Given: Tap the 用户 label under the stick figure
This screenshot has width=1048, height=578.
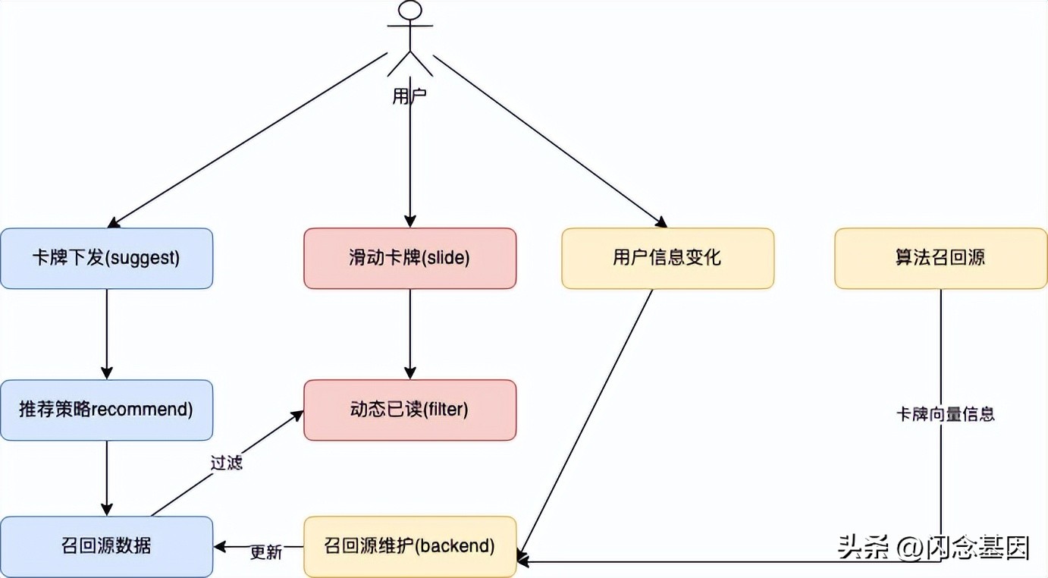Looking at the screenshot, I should pos(409,96).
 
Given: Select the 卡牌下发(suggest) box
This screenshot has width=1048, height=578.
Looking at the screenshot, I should pos(106,258).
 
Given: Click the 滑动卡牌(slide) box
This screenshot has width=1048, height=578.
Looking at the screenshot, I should pos(409,258).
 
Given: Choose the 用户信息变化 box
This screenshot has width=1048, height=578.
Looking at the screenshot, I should pos(667,258).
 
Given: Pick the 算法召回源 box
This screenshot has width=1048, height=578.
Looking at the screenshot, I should pos(940,258).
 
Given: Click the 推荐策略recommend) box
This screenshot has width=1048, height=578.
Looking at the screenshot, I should pos(106,410).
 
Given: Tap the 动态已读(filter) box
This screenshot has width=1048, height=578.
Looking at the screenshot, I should pos(409,410).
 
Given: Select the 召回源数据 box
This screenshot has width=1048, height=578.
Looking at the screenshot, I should pos(106,546).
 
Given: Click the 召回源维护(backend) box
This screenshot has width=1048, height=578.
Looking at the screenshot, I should pos(409,546).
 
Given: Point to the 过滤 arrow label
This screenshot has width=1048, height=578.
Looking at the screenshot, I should pos(226,463).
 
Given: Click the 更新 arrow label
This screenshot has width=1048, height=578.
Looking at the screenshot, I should pos(266,552).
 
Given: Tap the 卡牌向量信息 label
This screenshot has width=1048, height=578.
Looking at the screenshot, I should pos(945,414).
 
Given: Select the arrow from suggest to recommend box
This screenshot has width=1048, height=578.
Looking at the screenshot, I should pos(106,334).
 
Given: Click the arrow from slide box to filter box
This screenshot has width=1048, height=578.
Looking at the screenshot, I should pos(409,334).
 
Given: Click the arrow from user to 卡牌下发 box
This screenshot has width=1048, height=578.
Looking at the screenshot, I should pos(250,140).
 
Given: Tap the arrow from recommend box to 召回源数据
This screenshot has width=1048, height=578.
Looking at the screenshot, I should pos(106,478).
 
